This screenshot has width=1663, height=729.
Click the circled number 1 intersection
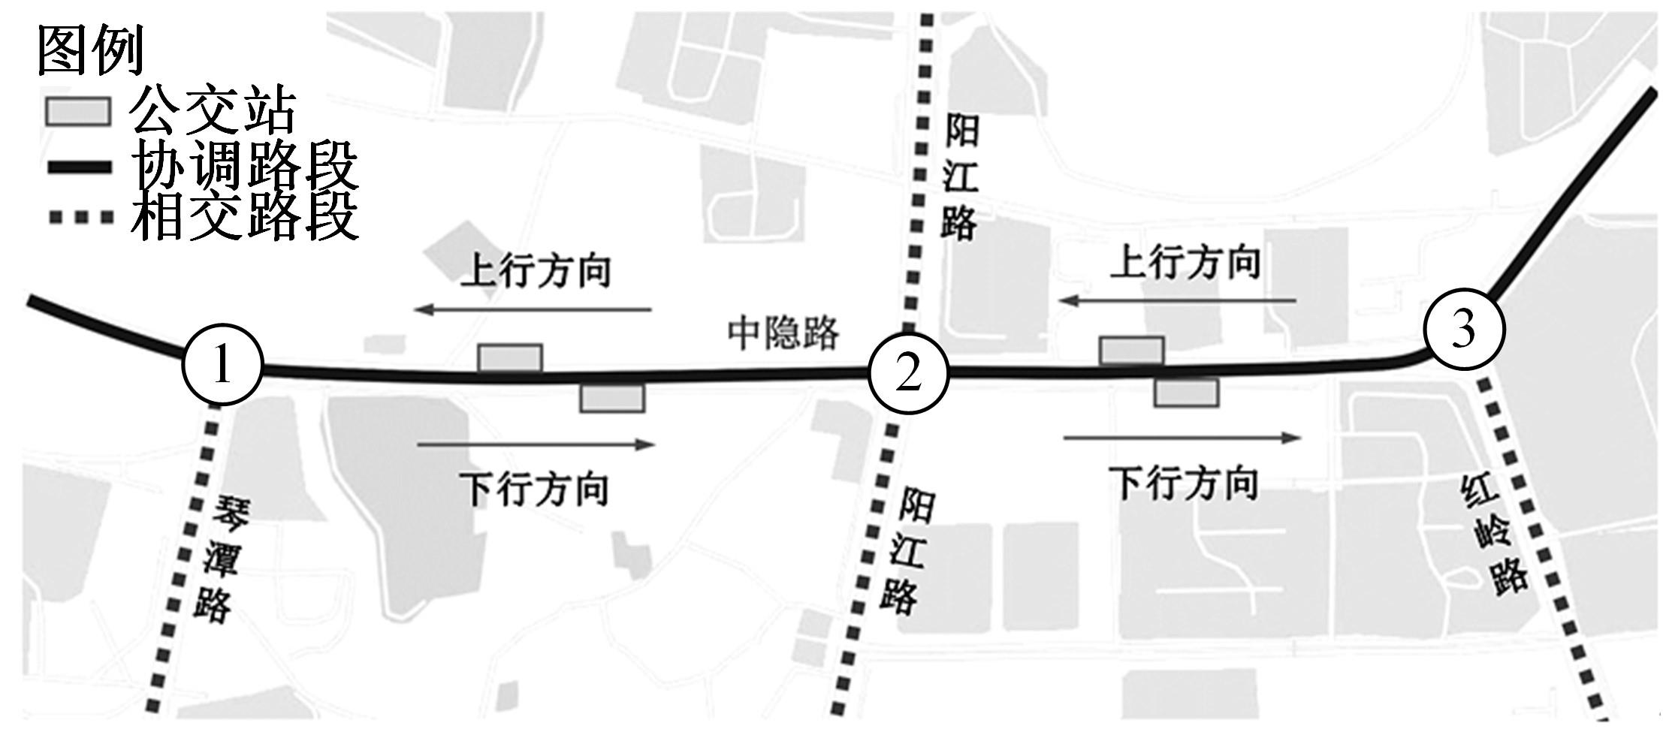[222, 366]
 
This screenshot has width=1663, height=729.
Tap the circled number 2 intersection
[909, 373]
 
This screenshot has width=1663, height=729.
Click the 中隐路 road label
[783, 333]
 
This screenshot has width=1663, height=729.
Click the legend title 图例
[90, 50]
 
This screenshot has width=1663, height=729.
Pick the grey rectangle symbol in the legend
[79, 111]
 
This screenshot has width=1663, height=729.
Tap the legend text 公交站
[213, 110]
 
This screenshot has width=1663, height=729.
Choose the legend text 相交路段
[244, 215]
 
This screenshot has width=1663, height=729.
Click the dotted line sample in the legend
[80, 218]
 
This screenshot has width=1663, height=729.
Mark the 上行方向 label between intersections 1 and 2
[536, 271]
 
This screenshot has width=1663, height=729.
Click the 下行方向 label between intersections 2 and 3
[1184, 483]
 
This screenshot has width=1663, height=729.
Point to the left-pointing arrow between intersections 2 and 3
[1179, 301]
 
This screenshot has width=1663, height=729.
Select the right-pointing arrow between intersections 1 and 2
[536, 444]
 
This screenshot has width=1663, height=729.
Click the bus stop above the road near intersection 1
[510, 357]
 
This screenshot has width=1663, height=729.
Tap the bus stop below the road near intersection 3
[1186, 393]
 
